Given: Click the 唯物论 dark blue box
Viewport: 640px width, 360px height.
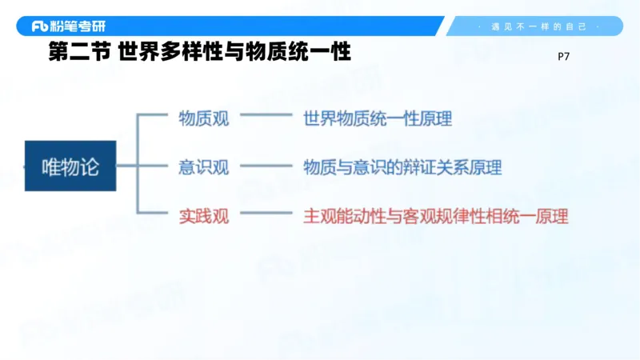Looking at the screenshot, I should (70, 166).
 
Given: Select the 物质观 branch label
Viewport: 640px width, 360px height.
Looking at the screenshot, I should (203, 119).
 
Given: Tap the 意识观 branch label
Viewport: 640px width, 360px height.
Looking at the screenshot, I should (203, 167).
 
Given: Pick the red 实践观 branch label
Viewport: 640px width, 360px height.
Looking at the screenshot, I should (203, 215).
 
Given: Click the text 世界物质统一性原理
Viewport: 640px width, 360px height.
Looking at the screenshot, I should (378, 119).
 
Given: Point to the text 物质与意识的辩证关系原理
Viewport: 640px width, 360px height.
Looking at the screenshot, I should (402, 167).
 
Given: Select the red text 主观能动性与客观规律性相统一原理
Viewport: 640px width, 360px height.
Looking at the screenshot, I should (435, 215).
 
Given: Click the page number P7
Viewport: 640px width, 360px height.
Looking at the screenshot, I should (562, 57).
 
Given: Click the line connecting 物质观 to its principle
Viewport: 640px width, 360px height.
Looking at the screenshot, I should (266, 116).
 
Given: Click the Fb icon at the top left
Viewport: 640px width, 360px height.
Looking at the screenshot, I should (40, 26).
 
